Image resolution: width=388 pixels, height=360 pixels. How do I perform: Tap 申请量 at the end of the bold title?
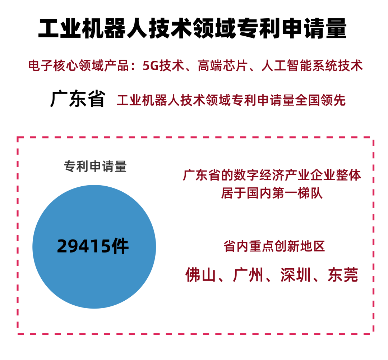click(314, 28)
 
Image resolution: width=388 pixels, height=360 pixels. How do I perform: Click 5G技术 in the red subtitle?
click(163, 66)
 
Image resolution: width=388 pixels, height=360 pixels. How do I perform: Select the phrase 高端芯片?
click(223, 66)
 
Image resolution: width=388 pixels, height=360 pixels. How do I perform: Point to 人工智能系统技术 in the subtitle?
click(312, 66)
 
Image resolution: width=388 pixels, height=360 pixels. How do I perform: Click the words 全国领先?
click(320, 100)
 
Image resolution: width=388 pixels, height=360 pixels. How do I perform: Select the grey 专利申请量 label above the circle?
click(95, 166)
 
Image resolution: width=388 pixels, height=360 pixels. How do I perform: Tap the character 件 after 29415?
click(120, 246)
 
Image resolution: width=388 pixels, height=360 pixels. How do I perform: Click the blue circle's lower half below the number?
click(94, 282)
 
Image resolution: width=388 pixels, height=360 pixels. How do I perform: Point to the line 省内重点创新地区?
click(274, 246)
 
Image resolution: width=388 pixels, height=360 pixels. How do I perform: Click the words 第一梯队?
click(298, 193)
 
